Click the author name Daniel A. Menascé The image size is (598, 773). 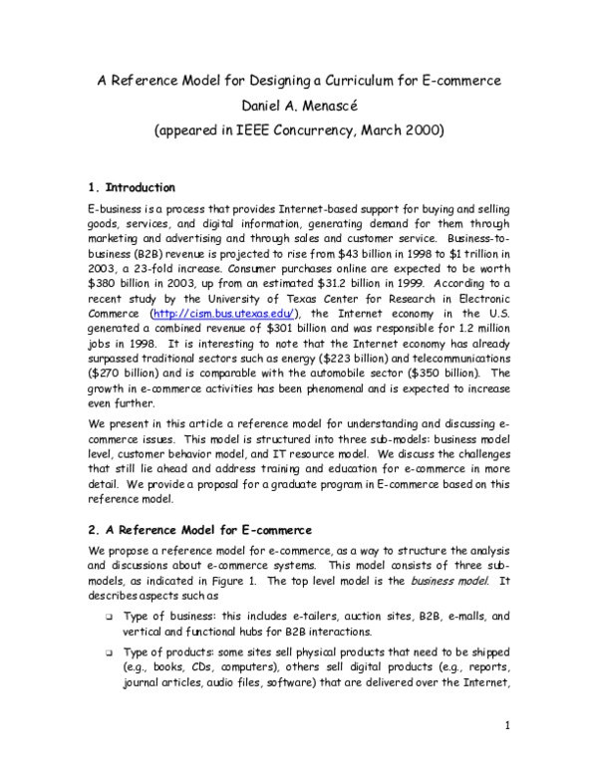click(298, 104)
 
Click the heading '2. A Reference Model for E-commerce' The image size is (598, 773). click(200, 529)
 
